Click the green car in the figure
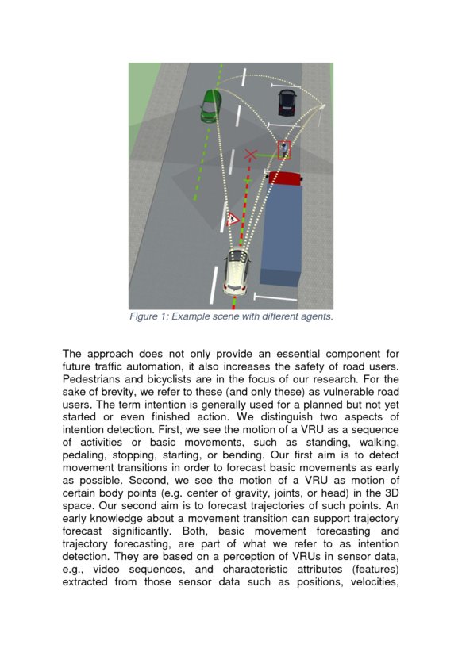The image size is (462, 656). click(210, 105)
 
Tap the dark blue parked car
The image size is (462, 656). click(286, 102)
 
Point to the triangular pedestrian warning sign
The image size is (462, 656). click(233, 219)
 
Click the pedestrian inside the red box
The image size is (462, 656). click(283, 150)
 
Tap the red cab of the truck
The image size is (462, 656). click(284, 178)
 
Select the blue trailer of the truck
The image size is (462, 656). click(281, 234)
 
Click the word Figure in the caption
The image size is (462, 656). click(146, 317)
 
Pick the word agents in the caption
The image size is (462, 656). click(314, 317)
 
